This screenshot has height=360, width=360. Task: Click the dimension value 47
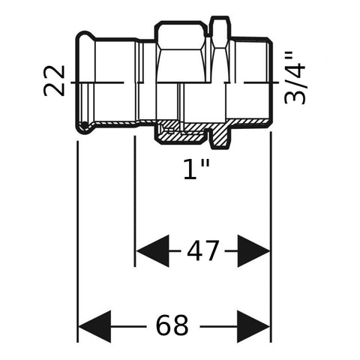(202, 250)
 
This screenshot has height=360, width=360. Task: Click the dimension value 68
(172, 325)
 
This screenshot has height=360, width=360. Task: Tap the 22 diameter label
(54, 80)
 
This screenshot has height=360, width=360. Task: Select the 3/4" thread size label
(295, 78)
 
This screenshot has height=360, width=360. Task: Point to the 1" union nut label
(197, 169)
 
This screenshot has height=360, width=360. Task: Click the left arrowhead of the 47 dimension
(152, 250)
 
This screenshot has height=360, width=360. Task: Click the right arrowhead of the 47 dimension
(253, 250)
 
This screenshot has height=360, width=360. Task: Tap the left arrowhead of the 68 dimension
(94, 326)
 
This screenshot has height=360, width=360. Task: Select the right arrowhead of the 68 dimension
(253, 326)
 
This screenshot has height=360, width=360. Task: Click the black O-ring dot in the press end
(85, 124)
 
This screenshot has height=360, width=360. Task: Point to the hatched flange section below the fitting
(220, 136)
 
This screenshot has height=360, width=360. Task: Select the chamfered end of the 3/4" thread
(269, 43)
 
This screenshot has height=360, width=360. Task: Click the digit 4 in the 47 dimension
(195, 250)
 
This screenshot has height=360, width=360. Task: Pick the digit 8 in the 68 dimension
(181, 325)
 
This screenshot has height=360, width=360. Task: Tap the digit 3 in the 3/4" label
(295, 96)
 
